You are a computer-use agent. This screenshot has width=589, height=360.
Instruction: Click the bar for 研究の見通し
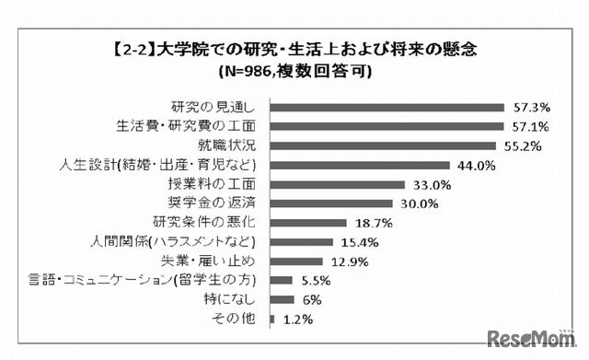tap(387, 107)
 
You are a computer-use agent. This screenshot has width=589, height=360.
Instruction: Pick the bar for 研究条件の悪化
tap(308, 223)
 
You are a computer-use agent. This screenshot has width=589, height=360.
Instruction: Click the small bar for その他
tap(273, 319)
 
